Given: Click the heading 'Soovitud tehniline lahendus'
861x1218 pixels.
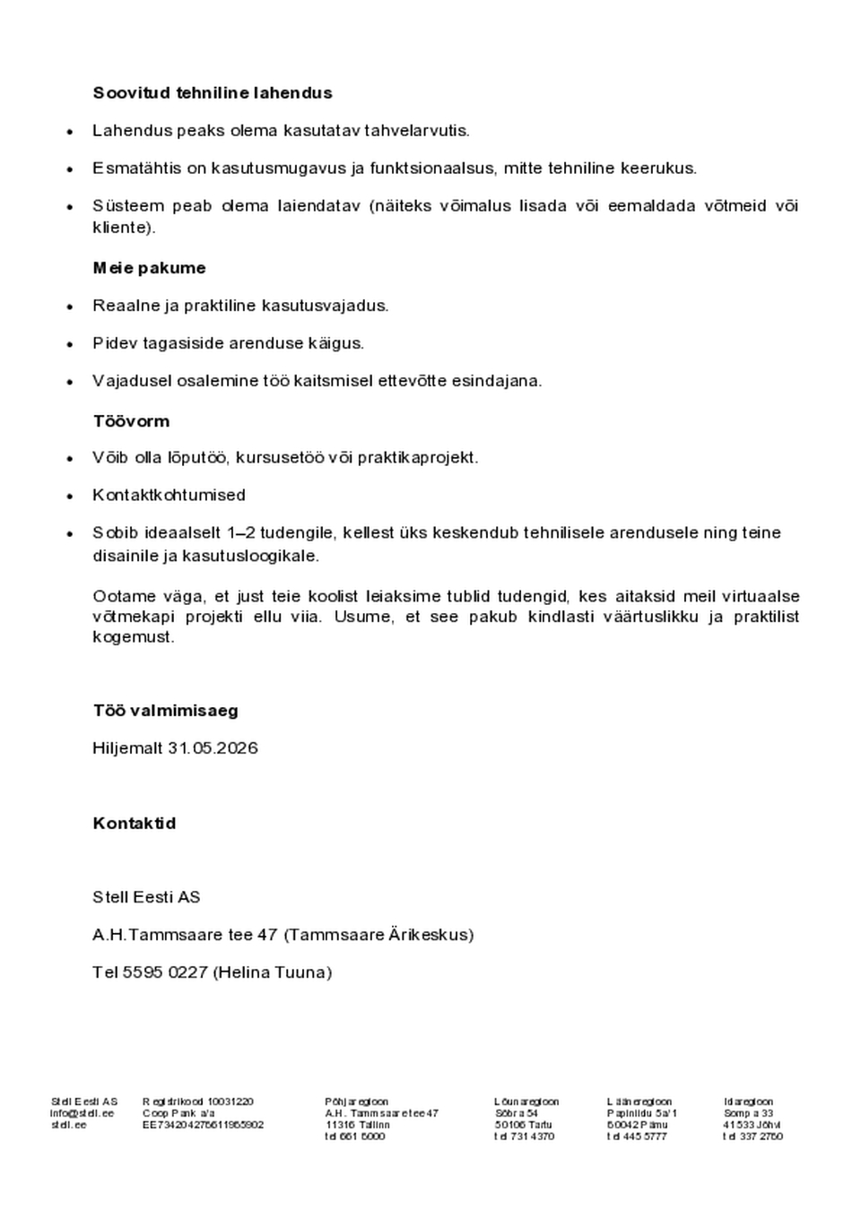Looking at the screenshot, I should click(x=212, y=93).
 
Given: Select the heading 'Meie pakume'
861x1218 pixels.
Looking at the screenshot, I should click(x=149, y=268).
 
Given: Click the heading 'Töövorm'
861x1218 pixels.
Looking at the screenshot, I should click(x=131, y=421).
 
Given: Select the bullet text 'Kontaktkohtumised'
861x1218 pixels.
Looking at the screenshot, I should click(x=169, y=495).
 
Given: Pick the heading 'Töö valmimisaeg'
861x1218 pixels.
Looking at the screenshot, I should click(x=165, y=711).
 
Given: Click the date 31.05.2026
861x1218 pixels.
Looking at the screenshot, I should click(x=213, y=748).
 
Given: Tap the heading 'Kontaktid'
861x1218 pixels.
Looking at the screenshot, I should click(x=134, y=824).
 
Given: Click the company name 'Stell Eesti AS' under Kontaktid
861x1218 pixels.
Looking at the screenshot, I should click(x=146, y=897).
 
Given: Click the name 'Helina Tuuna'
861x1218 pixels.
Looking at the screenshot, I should click(x=273, y=972).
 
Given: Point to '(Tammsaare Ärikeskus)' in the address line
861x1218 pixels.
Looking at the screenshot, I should click(x=378, y=935).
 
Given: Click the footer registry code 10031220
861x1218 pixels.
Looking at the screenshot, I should click(x=230, y=1101).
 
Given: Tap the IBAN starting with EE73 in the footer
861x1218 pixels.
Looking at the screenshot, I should click(x=203, y=1125).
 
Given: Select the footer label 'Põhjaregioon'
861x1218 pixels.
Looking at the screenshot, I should click(x=356, y=1101).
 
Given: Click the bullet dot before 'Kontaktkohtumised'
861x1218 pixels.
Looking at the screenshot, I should click(x=70, y=496).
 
